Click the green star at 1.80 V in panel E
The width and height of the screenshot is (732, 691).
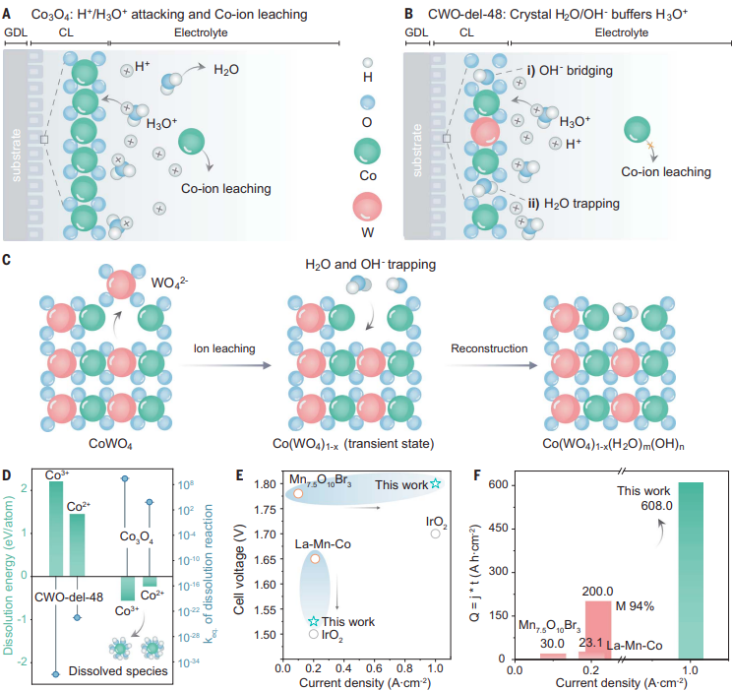(x=435, y=484)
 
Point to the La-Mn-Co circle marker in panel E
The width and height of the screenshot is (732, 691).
(x=315, y=558)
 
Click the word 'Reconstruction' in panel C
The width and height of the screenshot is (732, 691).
(x=489, y=348)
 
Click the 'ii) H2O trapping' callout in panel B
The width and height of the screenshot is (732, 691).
(x=568, y=204)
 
